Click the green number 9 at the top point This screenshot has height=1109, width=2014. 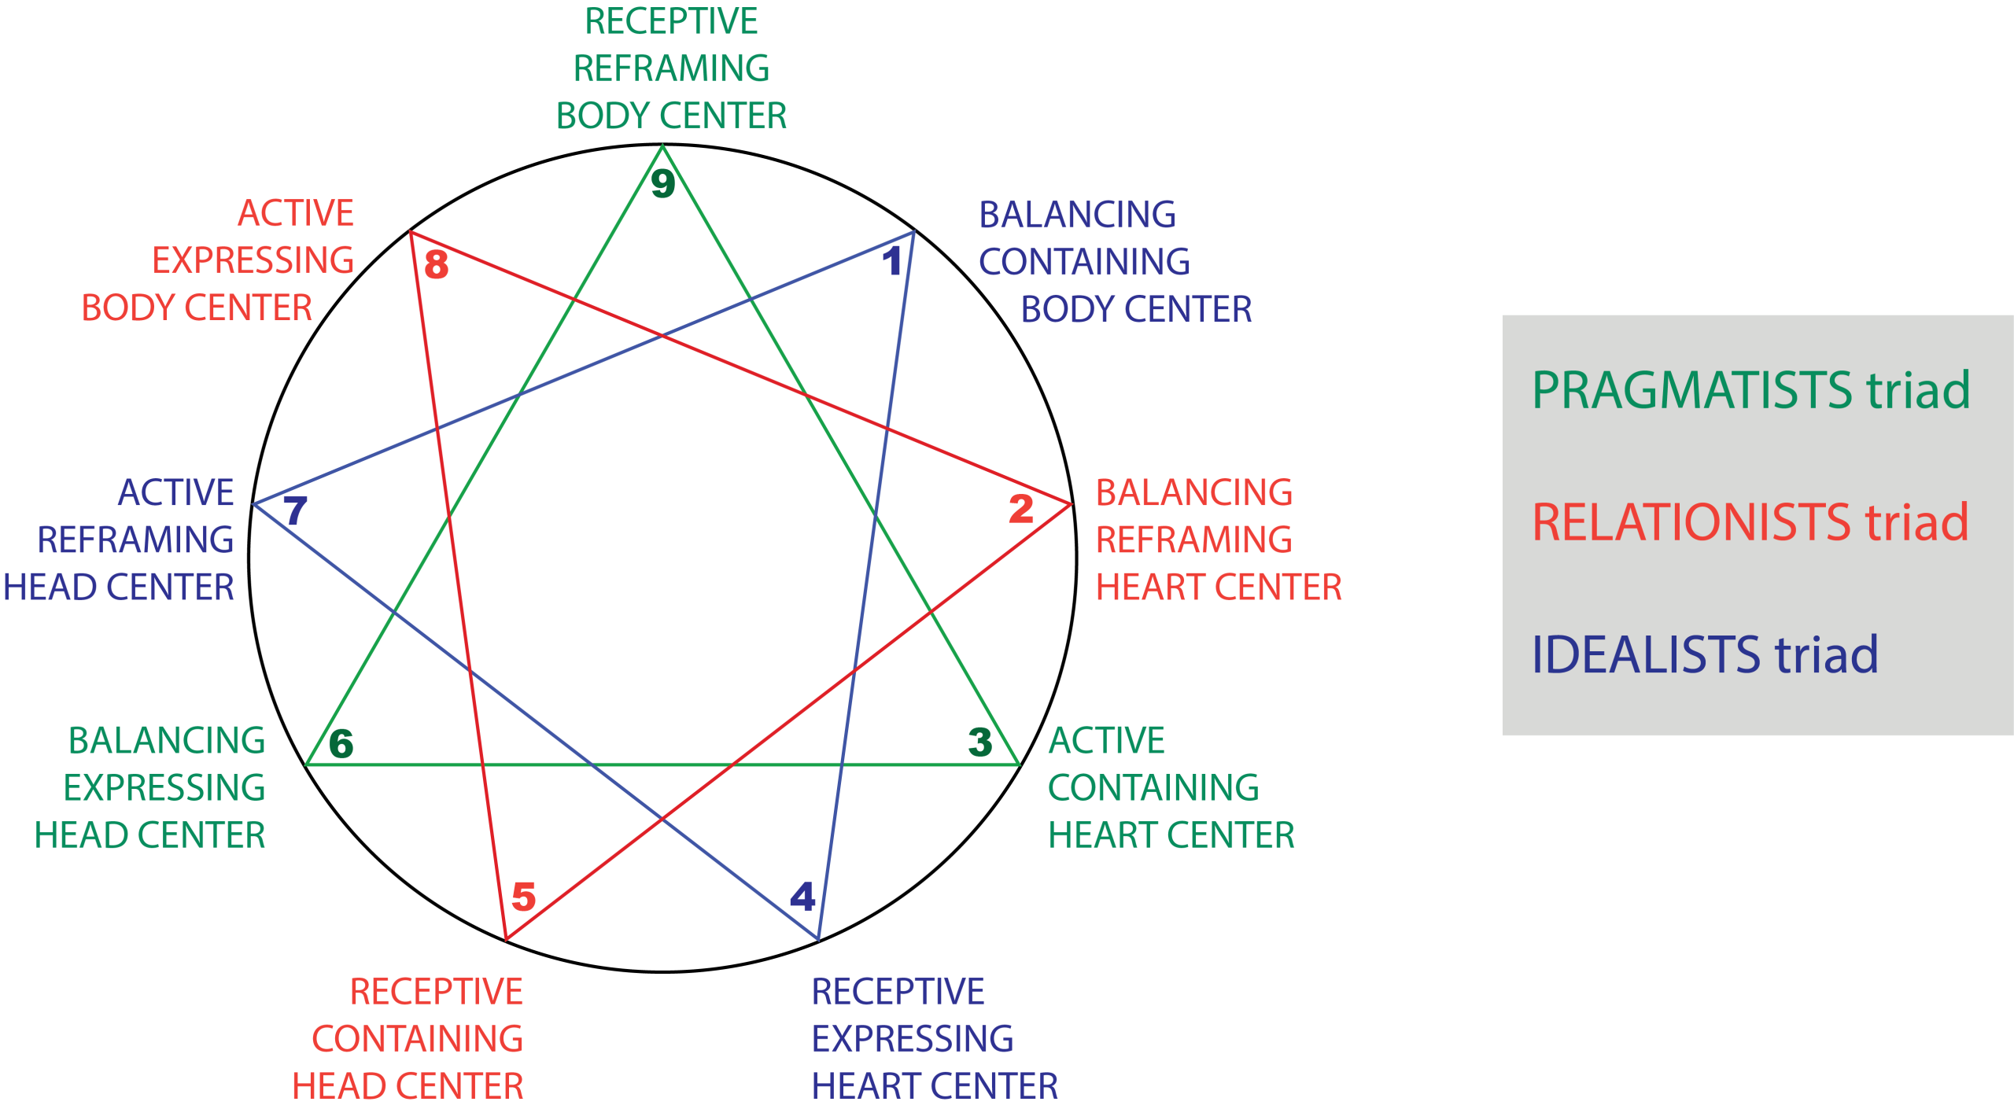663,184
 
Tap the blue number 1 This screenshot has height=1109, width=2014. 892,260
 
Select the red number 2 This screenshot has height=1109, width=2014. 1021,508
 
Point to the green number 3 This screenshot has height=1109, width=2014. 980,742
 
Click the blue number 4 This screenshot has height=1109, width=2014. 802,897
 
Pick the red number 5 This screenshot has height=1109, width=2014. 524,897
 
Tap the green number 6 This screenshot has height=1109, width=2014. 341,743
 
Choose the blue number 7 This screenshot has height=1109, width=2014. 295,511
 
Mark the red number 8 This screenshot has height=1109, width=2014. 437,264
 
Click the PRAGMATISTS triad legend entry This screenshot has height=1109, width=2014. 1750,390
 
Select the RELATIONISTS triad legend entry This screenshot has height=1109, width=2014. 1750,522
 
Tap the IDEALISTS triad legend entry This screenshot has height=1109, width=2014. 1705,654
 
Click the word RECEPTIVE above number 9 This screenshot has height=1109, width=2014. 671,21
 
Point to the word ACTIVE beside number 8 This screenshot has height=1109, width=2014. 296,213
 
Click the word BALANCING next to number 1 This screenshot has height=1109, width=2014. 1077,215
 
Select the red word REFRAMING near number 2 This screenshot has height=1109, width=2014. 1193,540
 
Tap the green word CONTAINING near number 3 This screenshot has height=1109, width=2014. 1153,788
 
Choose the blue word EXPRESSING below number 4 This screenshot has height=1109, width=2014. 913,1039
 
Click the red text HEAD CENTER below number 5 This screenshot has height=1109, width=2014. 408,1086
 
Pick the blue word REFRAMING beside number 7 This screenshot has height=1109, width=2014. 135,540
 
